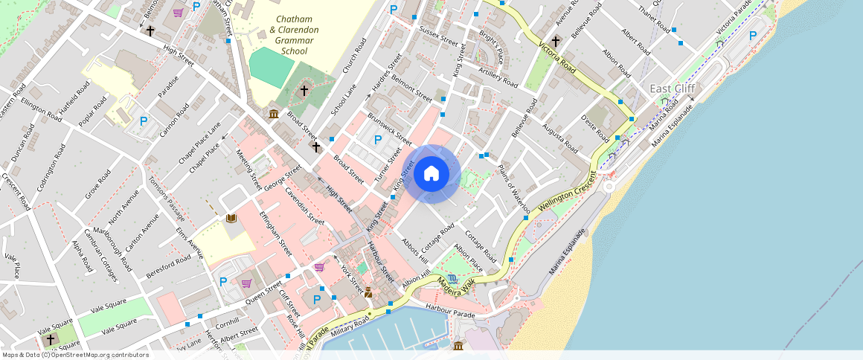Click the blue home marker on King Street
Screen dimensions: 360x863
coord(431,174)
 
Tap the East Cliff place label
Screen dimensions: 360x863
coord(673,89)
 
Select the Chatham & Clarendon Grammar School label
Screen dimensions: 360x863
coord(294,35)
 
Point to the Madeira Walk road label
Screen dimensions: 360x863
coord(456,281)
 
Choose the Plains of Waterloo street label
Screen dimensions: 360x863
coord(515,189)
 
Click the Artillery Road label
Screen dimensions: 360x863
coord(499,76)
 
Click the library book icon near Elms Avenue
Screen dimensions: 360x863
coord(231,218)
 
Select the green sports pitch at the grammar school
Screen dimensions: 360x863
coord(271,68)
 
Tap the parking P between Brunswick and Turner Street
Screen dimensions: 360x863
coord(378,139)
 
